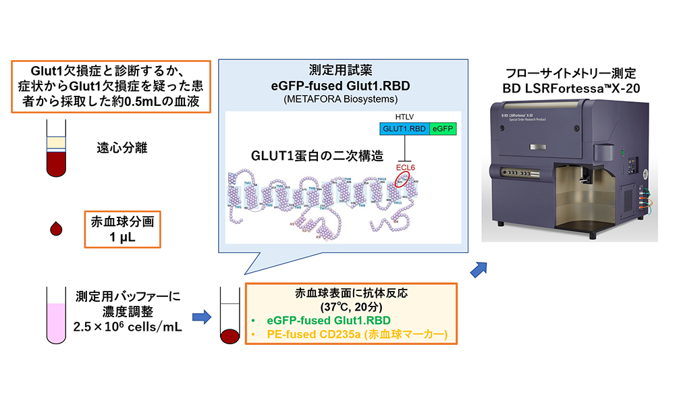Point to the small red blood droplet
tap(56, 228)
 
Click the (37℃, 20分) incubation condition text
tap(350, 306)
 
